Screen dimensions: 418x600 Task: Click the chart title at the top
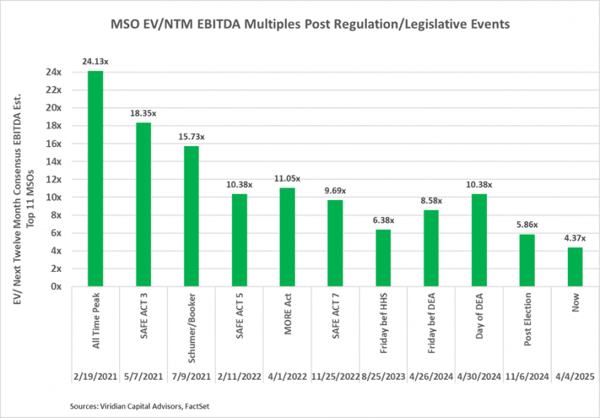point(300,24)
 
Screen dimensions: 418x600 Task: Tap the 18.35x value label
point(143,112)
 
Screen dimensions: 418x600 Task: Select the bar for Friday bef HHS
point(383,258)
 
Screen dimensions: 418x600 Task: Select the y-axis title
point(28,178)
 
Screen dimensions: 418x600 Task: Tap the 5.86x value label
point(527,224)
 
